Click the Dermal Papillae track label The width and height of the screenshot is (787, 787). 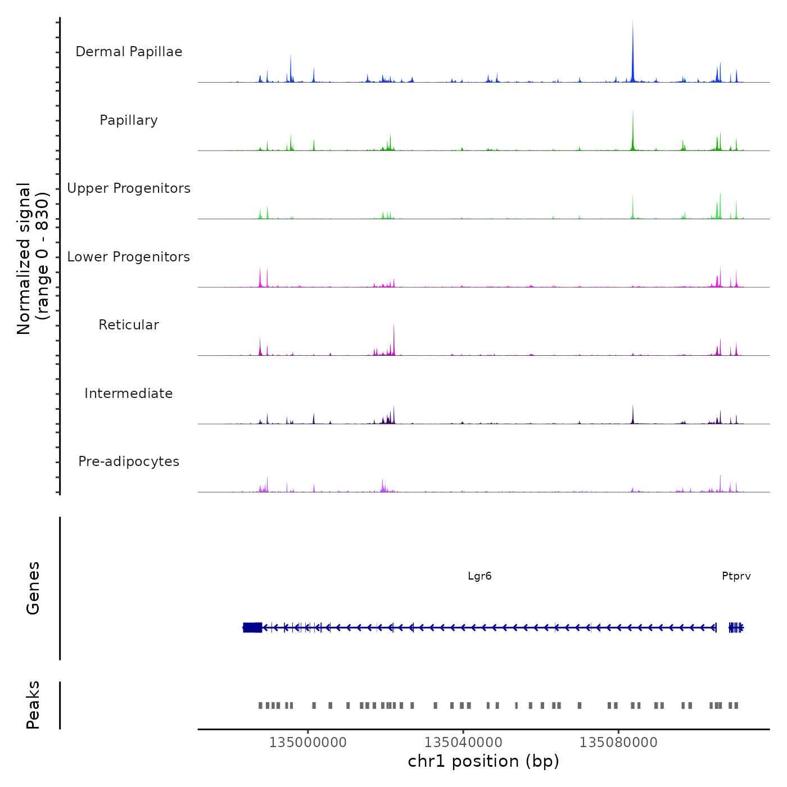click(x=129, y=52)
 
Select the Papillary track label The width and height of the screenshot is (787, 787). click(x=129, y=120)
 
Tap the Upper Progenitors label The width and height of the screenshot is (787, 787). click(x=129, y=188)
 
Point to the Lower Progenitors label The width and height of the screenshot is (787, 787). click(x=129, y=257)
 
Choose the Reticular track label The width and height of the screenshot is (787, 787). click(x=129, y=325)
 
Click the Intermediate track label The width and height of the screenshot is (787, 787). click(x=129, y=393)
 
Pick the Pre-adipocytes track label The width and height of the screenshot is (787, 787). click(x=129, y=462)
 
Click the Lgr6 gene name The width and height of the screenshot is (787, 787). click(x=480, y=576)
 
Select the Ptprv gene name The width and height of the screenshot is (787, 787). click(x=736, y=576)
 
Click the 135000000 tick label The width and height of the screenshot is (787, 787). click(x=308, y=743)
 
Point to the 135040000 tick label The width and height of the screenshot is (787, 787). click(x=463, y=743)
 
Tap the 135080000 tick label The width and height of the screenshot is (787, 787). click(x=618, y=743)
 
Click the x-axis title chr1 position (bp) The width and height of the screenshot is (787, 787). click(x=483, y=762)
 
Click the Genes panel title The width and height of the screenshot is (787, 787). click(x=33, y=588)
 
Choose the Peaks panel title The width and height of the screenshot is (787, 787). click(x=33, y=705)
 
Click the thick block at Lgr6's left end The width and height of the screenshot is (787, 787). click(x=252, y=627)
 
